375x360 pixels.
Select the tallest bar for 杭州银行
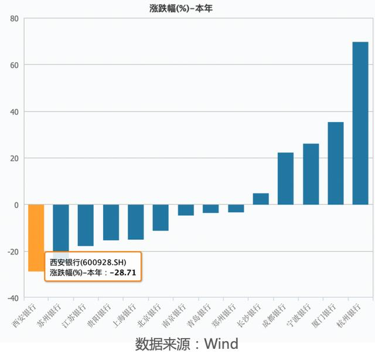(360, 123)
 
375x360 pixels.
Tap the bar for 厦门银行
(336, 163)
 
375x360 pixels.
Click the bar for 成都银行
(285, 178)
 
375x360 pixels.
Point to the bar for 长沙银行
(261, 199)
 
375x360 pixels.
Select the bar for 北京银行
(161, 218)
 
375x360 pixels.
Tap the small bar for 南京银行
(186, 210)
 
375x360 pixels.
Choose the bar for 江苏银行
(86, 225)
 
